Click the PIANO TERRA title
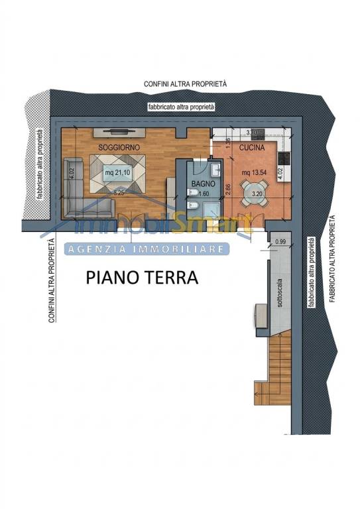click(142, 278)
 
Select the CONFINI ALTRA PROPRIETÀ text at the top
click(186, 84)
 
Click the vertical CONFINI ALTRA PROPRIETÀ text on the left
click(50, 282)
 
